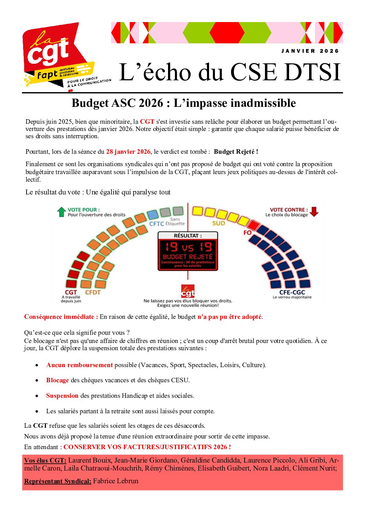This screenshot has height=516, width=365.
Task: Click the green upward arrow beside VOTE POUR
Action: pyautogui.click(x=61, y=212)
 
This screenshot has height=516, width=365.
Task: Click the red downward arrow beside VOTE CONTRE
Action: pyautogui.click(x=314, y=211)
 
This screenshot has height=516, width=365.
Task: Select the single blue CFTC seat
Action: pyautogui.click(x=152, y=215)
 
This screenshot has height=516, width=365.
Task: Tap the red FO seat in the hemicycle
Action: pyautogui.click(x=254, y=225)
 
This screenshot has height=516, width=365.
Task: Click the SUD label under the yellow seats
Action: pyautogui.click(x=218, y=223)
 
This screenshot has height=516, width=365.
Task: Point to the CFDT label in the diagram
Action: pyautogui.click(x=92, y=292)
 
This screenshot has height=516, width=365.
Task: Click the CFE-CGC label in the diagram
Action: pyautogui.click(x=292, y=292)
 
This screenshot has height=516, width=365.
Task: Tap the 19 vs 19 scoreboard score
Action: pyautogui.click(x=188, y=247)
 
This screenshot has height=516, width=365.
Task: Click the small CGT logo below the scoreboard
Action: pyautogui.click(x=188, y=291)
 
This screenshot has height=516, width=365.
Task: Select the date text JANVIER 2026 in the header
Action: pyautogui.click(x=310, y=51)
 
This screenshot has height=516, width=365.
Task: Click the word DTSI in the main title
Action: pyautogui.click(x=313, y=72)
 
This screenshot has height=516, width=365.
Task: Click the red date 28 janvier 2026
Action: pyautogui.click(x=128, y=152)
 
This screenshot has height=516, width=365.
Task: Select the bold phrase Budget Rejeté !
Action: pyautogui.click(x=236, y=152)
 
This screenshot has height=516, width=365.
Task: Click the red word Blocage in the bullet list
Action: pyautogui.click(x=57, y=380)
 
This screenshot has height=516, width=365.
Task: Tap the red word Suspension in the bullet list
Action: pyautogui.click(x=62, y=396)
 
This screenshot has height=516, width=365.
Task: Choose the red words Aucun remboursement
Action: pyautogui.click(x=79, y=365)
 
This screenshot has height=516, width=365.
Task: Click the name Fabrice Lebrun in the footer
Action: pyautogui.click(x=116, y=481)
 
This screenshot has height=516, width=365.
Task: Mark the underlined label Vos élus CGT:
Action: pyautogui.click(x=45, y=461)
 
